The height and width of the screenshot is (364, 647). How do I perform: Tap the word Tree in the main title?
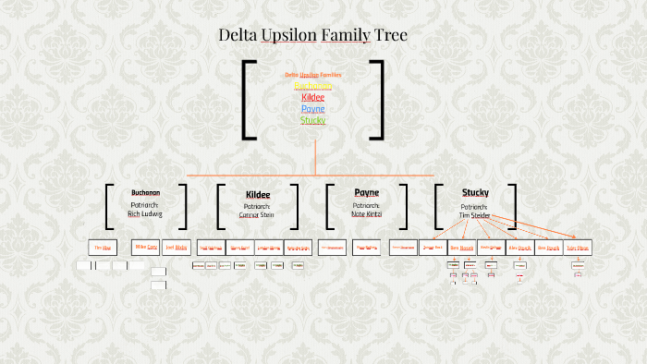click(x=390, y=36)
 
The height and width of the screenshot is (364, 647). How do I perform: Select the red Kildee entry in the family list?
click(x=313, y=97)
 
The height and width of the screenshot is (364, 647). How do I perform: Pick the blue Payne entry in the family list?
click(x=313, y=108)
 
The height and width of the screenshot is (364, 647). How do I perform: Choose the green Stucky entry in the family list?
click(x=313, y=119)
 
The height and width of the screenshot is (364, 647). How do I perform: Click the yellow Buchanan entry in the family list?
click(x=313, y=86)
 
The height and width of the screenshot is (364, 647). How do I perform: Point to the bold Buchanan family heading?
click(x=145, y=192)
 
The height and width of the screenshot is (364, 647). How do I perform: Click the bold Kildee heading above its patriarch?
click(x=258, y=194)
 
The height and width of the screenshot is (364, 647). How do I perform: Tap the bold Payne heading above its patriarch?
click(x=366, y=192)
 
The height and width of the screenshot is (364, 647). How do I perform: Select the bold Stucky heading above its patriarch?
click(x=475, y=192)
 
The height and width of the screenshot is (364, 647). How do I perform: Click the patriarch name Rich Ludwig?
click(x=145, y=213)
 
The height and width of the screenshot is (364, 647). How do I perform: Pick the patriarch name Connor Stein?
click(x=257, y=214)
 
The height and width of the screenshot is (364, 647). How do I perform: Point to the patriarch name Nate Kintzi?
click(x=366, y=213)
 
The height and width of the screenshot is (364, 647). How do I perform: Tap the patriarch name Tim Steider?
click(x=475, y=214)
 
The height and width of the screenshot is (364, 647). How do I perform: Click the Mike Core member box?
click(x=146, y=248)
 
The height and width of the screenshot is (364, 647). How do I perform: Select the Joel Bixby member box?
click(x=176, y=248)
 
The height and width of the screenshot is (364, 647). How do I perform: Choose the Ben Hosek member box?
click(x=461, y=248)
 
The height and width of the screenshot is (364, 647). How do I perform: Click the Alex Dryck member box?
click(x=519, y=248)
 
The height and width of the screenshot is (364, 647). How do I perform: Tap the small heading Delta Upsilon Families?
click(x=313, y=74)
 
